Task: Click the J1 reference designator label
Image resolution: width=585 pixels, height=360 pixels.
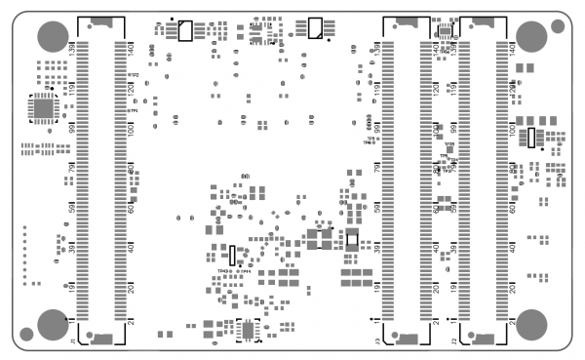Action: pyautogui.click(x=72, y=341)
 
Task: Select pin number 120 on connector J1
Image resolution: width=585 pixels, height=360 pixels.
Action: pyautogui.click(x=132, y=89)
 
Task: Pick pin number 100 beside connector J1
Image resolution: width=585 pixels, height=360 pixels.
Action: pyautogui.click(x=132, y=129)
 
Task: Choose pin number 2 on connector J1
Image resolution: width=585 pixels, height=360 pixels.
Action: pyautogui.click(x=132, y=322)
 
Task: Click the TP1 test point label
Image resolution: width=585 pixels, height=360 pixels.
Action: pyautogui.click(x=135, y=111)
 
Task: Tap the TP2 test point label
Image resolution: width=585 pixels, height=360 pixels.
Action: pyautogui.click(x=135, y=75)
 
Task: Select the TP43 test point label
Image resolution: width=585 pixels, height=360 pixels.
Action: pyautogui.click(x=223, y=271)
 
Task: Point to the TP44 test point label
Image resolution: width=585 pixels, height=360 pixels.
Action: pyautogui.click(x=247, y=271)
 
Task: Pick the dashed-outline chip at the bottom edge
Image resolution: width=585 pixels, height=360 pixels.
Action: pyautogui.click(x=251, y=331)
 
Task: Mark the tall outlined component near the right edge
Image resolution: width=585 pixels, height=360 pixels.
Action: pyautogui.click(x=531, y=138)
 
